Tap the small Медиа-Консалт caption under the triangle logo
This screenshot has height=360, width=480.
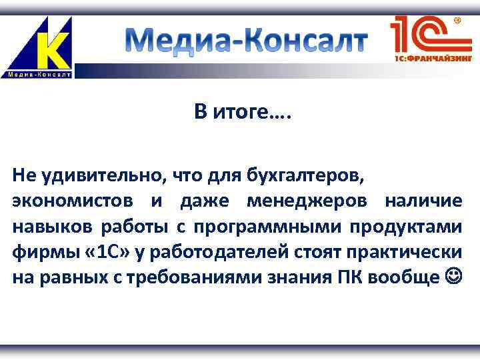pyautogui.click(x=39, y=74)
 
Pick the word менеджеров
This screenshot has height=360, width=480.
pyautogui.click(x=309, y=201)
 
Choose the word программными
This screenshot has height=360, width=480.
pyautogui.click(x=271, y=227)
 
